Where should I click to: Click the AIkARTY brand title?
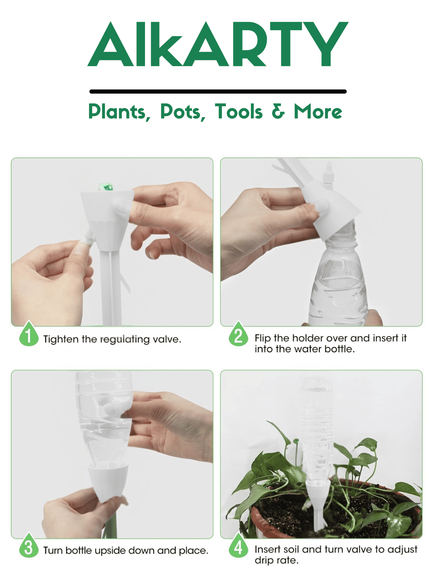[x=218, y=44]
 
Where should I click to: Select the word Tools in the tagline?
[x=239, y=112]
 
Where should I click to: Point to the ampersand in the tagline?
[x=278, y=111]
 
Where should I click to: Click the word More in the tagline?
[x=318, y=112]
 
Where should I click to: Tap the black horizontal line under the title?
[x=218, y=92]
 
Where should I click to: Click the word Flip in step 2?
[x=262, y=338]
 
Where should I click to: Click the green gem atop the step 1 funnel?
[x=106, y=187]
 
